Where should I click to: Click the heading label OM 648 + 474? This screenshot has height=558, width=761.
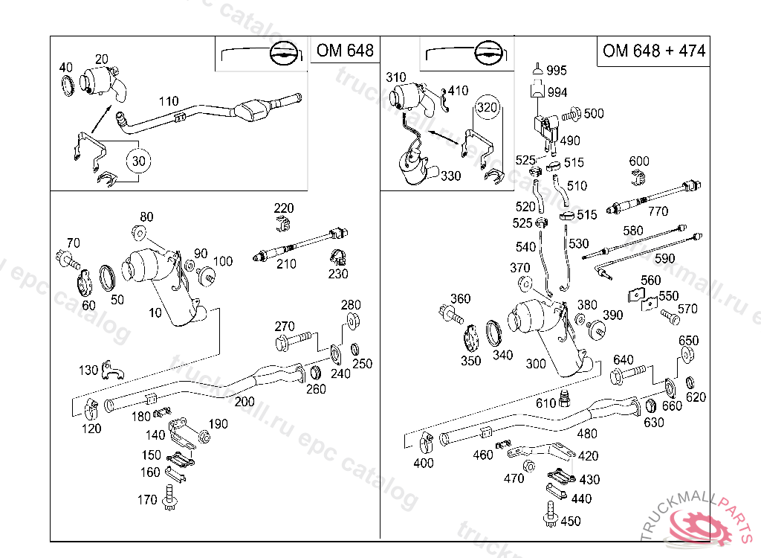point(654,51)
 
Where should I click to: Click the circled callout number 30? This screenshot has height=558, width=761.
point(137,160)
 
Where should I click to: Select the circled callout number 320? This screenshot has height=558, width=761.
point(487,107)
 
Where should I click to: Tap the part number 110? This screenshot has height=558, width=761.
point(169,101)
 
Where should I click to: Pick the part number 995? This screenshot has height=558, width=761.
point(557,71)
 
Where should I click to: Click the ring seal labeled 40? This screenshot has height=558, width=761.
point(66,85)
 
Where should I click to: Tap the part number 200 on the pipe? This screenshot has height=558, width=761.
point(245,401)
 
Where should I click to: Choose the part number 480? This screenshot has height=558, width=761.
point(587,434)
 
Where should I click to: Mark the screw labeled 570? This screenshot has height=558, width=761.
point(670,318)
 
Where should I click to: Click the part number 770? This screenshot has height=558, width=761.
point(658,211)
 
